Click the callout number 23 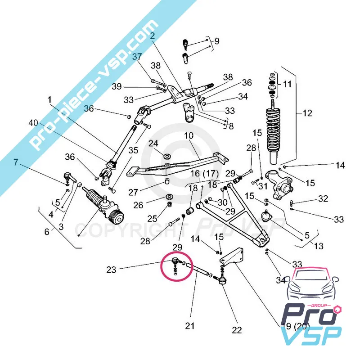[111, 270]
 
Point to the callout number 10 [188, 135]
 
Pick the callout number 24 [153, 144]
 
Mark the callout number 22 [237, 330]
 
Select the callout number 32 [323, 198]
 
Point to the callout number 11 [287, 84]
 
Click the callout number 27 [133, 192]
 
